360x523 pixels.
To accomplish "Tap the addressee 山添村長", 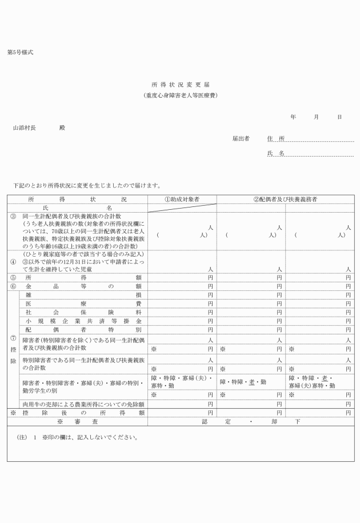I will point(25,128).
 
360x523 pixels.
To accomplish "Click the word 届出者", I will point(241,138).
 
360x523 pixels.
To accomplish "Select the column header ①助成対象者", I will point(182,199).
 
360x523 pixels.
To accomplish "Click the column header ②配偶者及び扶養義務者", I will point(285,199).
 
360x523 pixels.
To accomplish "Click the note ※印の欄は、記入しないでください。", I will point(89,438).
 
